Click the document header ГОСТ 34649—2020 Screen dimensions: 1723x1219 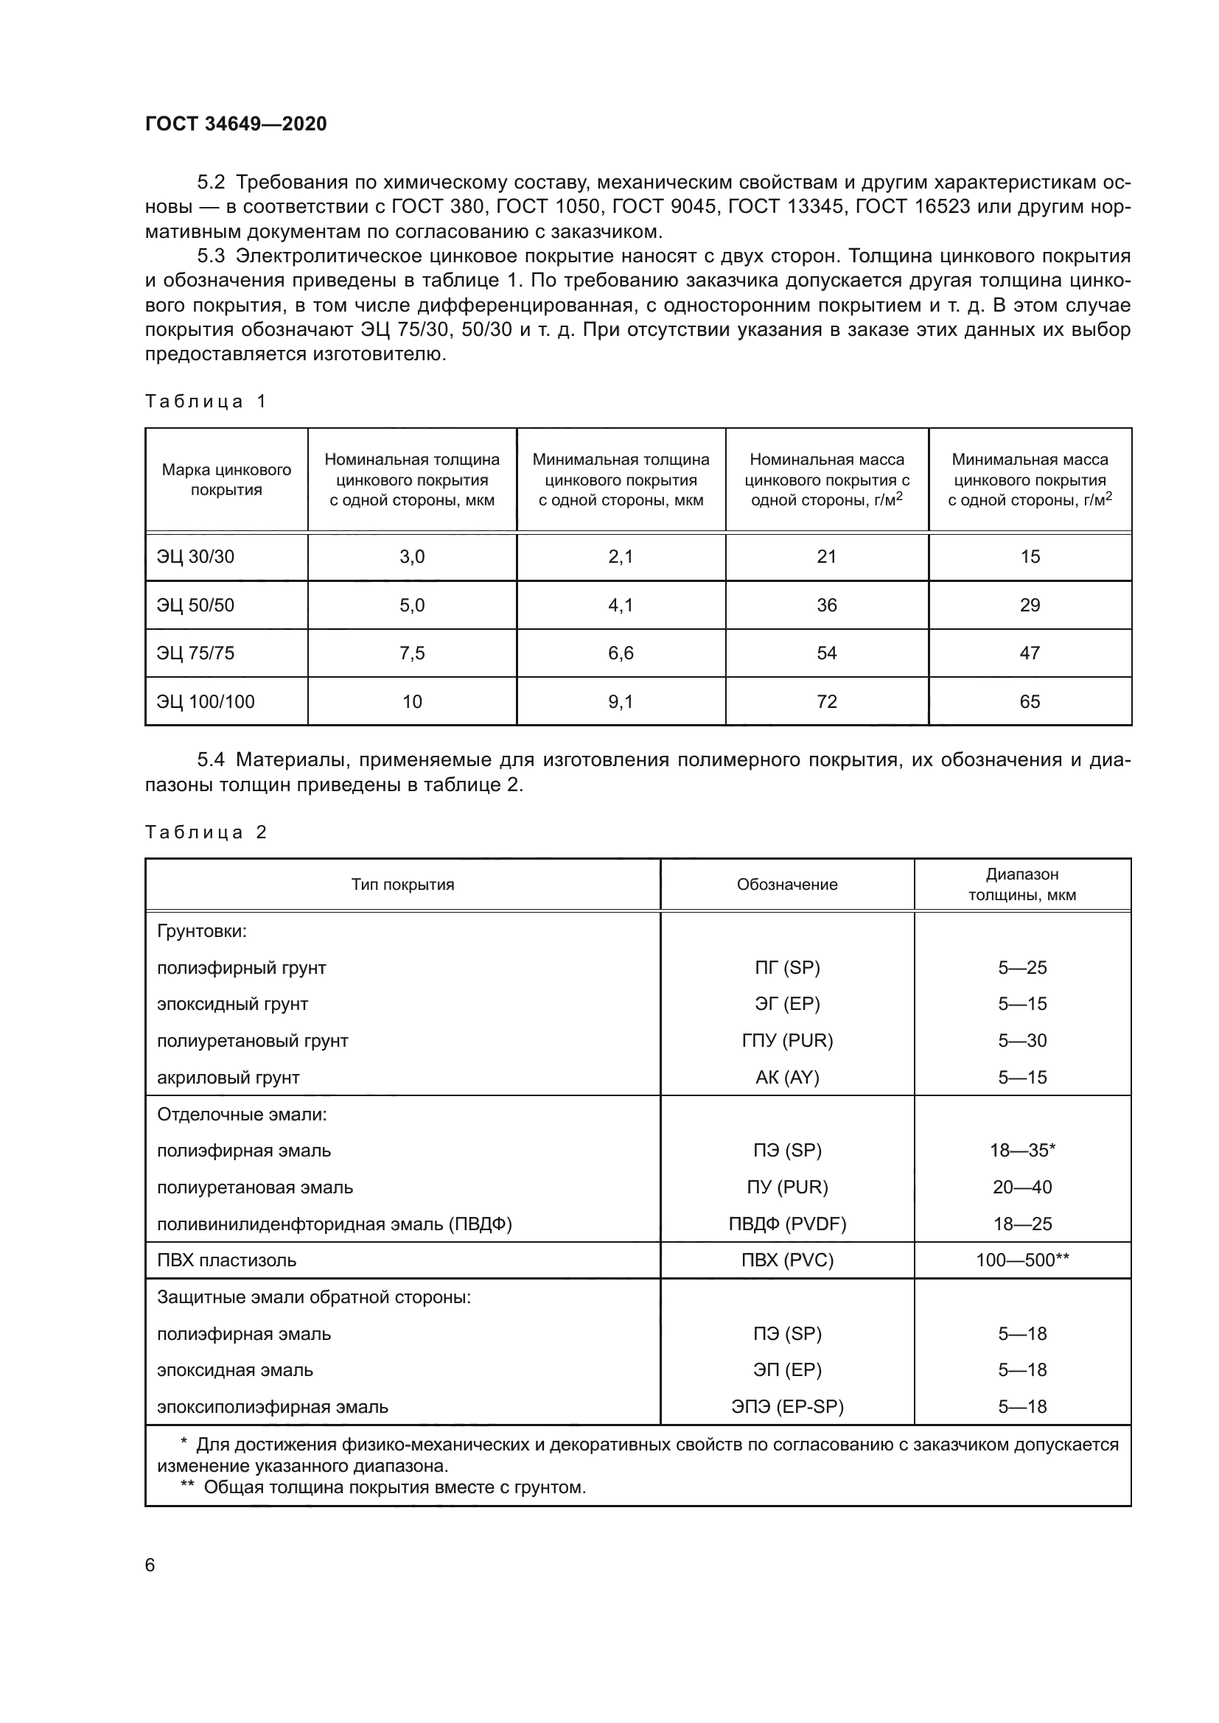(x=236, y=124)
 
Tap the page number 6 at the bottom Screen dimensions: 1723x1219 (x=150, y=1565)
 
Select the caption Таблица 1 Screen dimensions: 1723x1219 (x=206, y=401)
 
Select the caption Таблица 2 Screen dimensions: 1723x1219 (x=206, y=832)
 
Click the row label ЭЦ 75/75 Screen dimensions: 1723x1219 (x=195, y=653)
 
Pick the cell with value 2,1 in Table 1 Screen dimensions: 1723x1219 (x=621, y=557)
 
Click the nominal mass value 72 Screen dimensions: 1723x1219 (x=826, y=702)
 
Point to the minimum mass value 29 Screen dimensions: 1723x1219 (x=1030, y=605)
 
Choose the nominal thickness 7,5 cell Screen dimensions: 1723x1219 (x=412, y=653)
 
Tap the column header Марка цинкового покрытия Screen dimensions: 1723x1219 (x=226, y=480)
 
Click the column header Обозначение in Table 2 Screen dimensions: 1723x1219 (x=786, y=885)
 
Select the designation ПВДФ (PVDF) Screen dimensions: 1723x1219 (x=786, y=1224)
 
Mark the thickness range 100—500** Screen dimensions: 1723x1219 (x=1022, y=1260)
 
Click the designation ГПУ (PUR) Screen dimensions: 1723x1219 (x=786, y=1041)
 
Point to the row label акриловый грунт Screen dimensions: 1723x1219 (x=228, y=1078)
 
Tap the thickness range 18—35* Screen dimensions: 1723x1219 (x=1022, y=1151)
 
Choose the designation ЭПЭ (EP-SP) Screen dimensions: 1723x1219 (x=786, y=1407)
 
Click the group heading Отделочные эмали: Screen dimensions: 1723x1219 (x=242, y=1115)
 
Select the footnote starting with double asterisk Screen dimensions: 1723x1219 (x=383, y=1487)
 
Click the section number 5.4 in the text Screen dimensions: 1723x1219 (x=211, y=760)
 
